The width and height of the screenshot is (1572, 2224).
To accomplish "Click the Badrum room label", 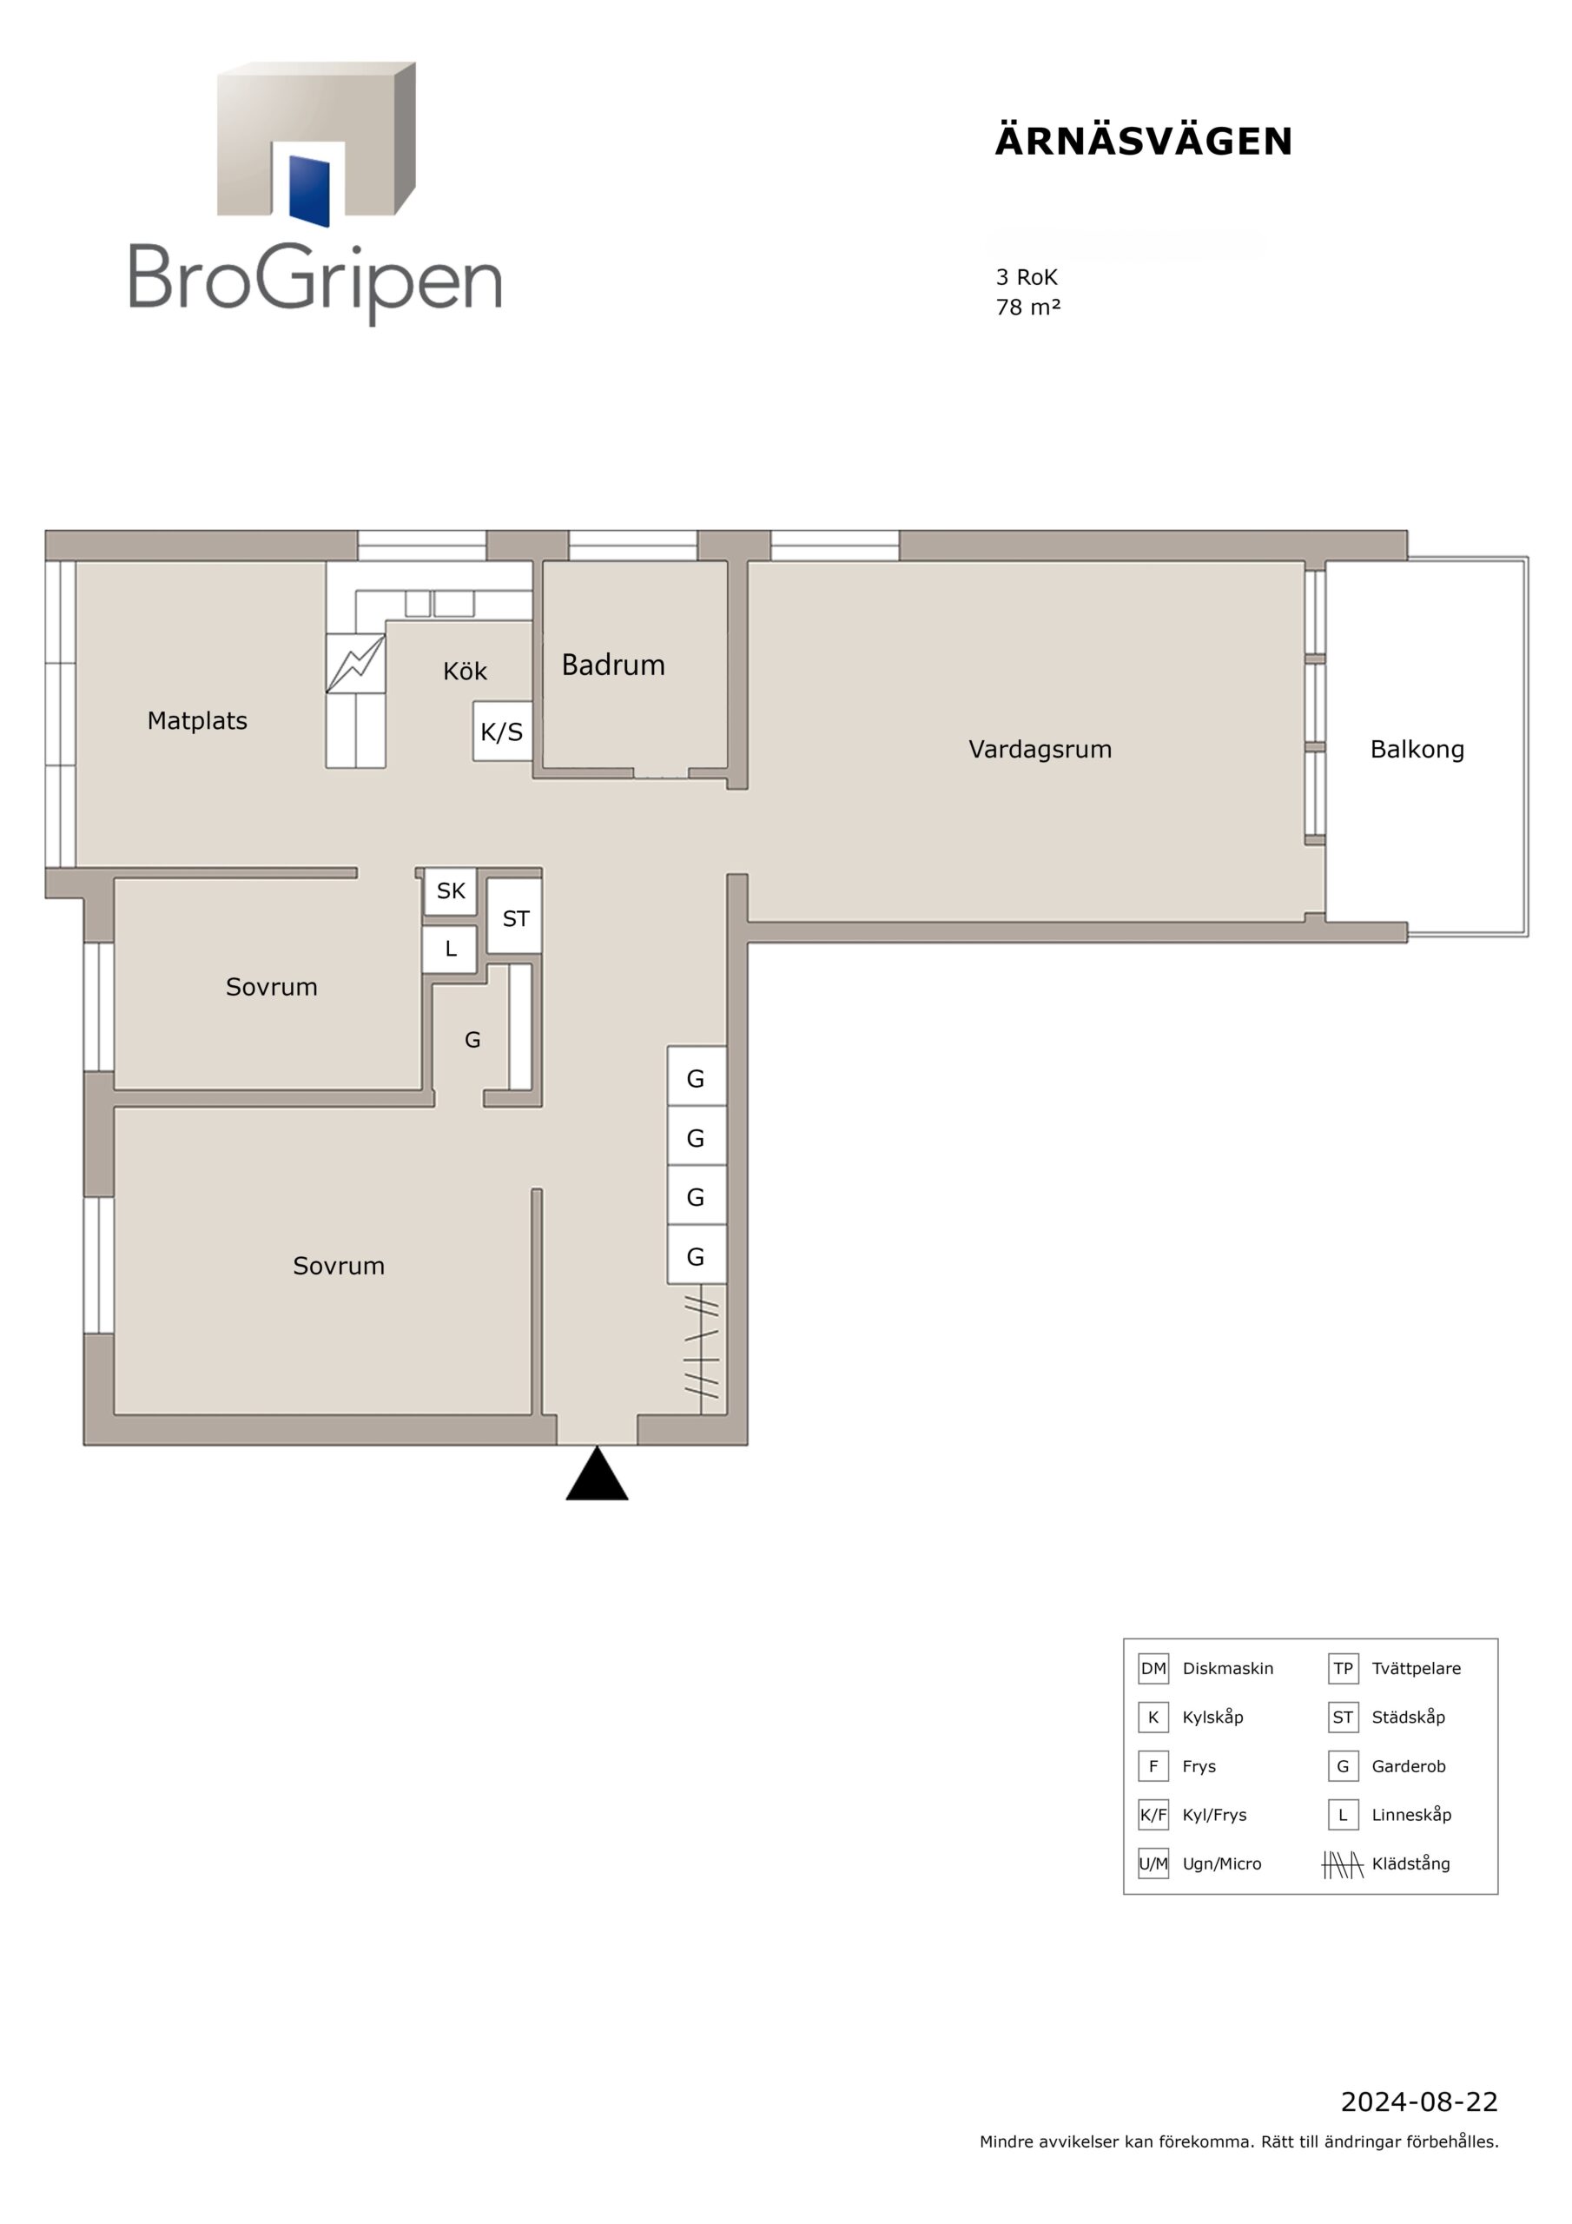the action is (613, 665).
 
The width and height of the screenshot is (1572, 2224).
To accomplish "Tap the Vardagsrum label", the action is (1040, 750).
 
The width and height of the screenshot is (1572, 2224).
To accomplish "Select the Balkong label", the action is (1417, 750).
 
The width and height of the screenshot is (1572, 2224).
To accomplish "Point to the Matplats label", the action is (198, 722).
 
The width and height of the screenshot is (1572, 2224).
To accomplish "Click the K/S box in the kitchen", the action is (502, 731).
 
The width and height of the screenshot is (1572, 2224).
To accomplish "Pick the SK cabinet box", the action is (451, 891).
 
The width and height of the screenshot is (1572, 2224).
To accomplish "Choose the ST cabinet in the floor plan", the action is (514, 917).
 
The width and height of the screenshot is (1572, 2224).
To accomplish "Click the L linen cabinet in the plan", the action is (449, 950).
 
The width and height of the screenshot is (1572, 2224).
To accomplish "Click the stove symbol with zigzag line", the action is (355, 664).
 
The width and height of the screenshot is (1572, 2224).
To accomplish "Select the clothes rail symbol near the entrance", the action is (701, 1347).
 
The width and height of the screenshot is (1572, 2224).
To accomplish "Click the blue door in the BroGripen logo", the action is (309, 190).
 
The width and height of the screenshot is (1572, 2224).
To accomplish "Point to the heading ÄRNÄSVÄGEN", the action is (1144, 142).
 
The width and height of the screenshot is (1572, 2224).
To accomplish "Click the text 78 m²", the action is (1027, 307).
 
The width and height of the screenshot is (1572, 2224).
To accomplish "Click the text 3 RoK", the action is (1027, 277).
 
